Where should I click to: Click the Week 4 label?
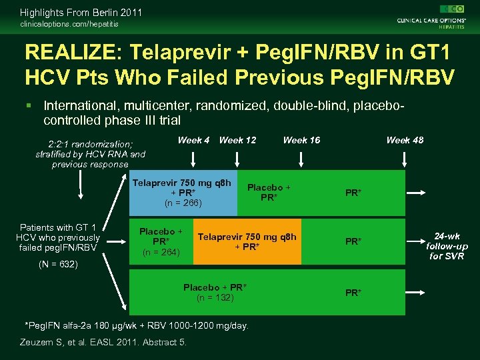(193, 140)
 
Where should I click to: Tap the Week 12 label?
(237, 140)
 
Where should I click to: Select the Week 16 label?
(301, 140)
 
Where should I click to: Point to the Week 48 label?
(405, 140)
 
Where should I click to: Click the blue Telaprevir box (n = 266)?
(183, 193)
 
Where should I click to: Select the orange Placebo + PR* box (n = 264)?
(161, 242)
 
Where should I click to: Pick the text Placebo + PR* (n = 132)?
(215, 292)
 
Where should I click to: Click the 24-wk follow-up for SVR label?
(447, 246)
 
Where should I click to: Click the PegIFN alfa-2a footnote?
(136, 325)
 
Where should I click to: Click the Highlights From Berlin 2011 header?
(81, 12)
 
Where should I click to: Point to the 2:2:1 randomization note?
(90, 154)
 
